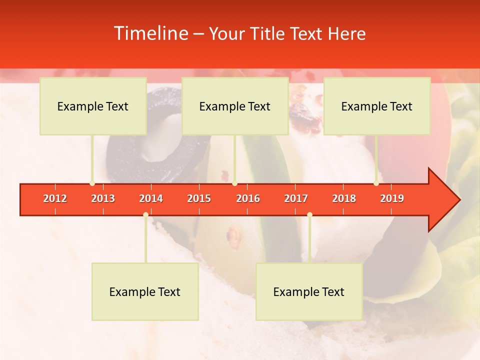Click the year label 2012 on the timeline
(55, 198)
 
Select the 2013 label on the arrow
(103, 198)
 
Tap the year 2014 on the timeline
(151, 198)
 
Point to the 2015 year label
(199, 198)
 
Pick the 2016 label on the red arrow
(248, 198)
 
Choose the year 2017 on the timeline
(296, 198)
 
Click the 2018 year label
(344, 198)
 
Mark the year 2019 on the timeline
(392, 198)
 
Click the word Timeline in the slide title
(150, 33)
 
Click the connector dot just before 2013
(92, 183)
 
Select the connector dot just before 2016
(234, 183)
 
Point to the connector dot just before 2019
(376, 183)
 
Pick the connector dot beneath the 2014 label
(145, 214)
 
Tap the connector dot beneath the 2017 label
(309, 214)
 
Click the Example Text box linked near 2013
(93, 106)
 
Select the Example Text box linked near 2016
(235, 106)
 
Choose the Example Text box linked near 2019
(377, 106)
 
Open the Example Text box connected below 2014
(145, 291)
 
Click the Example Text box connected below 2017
(309, 291)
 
